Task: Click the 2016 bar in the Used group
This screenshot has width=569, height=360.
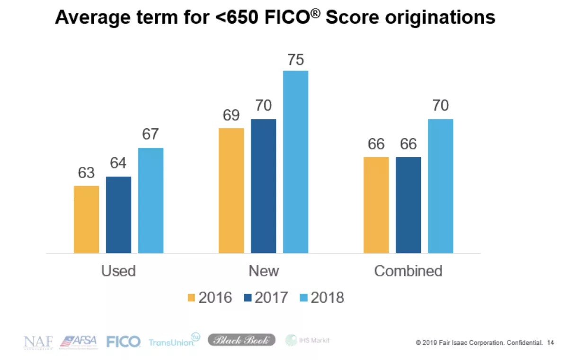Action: pos(87,219)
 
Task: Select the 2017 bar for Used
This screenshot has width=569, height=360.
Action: pos(118,215)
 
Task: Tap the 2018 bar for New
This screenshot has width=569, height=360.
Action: pos(295,162)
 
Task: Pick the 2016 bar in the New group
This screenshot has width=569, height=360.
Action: pos(231,190)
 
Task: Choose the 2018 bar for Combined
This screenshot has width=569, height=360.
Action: pos(440,186)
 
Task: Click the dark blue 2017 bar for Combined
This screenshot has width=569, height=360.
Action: pos(408,205)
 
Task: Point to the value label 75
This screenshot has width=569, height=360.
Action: pos(295,60)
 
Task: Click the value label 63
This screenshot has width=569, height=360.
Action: pos(87,173)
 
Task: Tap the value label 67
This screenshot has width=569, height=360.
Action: pos(151,135)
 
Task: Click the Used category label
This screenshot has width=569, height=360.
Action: pos(118,271)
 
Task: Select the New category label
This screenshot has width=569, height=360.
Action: pos(264,271)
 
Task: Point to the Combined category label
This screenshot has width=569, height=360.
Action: pos(408,271)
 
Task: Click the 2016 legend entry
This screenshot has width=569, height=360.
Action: pos(210,297)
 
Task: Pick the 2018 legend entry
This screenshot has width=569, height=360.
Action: pos(322,297)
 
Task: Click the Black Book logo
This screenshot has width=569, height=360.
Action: pos(241,340)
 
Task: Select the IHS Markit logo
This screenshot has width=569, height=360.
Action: pos(308,340)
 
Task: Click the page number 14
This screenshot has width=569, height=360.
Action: pos(550,342)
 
